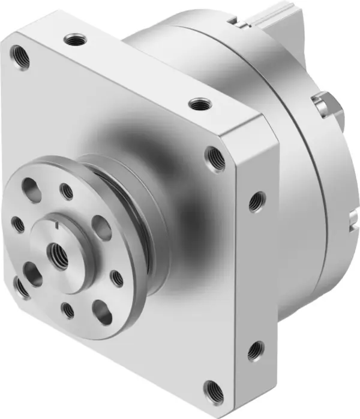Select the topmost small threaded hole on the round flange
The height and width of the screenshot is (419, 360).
point(67,191)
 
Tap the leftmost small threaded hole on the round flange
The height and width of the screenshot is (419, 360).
point(19,224)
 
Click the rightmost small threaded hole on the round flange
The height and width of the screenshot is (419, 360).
point(117,278)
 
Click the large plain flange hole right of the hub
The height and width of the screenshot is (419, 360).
point(103,228)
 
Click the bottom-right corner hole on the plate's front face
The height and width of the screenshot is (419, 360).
point(211,390)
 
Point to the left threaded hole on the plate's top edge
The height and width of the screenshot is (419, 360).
point(74,41)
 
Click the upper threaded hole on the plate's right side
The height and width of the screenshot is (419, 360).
point(257,201)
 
